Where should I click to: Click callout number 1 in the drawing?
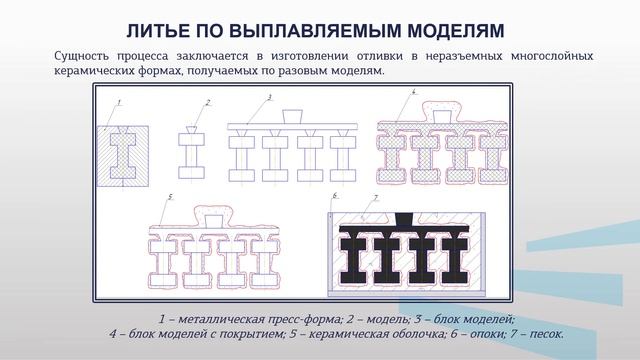118,102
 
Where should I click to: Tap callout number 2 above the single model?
207,102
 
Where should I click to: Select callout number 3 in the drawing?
270,96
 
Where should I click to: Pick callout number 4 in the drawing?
413,92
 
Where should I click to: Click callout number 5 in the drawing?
171,197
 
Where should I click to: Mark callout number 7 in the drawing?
374,198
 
